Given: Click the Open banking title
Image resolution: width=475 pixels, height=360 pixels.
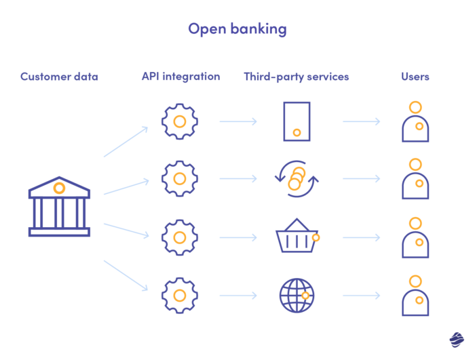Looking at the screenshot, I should point(237,28).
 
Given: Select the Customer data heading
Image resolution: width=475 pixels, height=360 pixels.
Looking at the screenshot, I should point(59,77).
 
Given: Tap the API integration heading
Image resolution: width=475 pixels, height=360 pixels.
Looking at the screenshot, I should point(180,77).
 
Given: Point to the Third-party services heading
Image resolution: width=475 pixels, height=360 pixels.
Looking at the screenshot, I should point(297,77).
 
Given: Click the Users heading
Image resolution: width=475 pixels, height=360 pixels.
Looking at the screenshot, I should point(415,77).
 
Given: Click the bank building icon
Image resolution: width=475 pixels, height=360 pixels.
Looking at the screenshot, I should point(59,207).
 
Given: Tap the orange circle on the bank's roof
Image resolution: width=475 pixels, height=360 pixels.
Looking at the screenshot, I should point(59,188).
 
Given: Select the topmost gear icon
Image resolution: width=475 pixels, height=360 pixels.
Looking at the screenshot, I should point(180,122).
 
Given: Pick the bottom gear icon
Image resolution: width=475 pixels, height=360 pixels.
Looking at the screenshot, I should point(180,295).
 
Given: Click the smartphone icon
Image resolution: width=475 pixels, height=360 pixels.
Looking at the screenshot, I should point(297,121).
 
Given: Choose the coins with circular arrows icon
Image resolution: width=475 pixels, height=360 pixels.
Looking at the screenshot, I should point(297,179).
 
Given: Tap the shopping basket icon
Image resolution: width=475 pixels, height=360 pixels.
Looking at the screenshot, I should point(297,237).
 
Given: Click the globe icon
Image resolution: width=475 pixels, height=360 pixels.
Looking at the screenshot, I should point(297,295).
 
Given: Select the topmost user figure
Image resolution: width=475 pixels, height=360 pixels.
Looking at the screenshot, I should point(415,122).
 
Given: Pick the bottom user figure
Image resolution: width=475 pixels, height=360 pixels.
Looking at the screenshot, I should point(415,295).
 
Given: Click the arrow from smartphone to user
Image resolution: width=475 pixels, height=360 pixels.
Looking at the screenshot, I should point(361,122).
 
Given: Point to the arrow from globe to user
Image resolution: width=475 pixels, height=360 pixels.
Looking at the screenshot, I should point(361,296).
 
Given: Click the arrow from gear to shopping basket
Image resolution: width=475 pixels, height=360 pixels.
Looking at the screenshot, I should point(238,238).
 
